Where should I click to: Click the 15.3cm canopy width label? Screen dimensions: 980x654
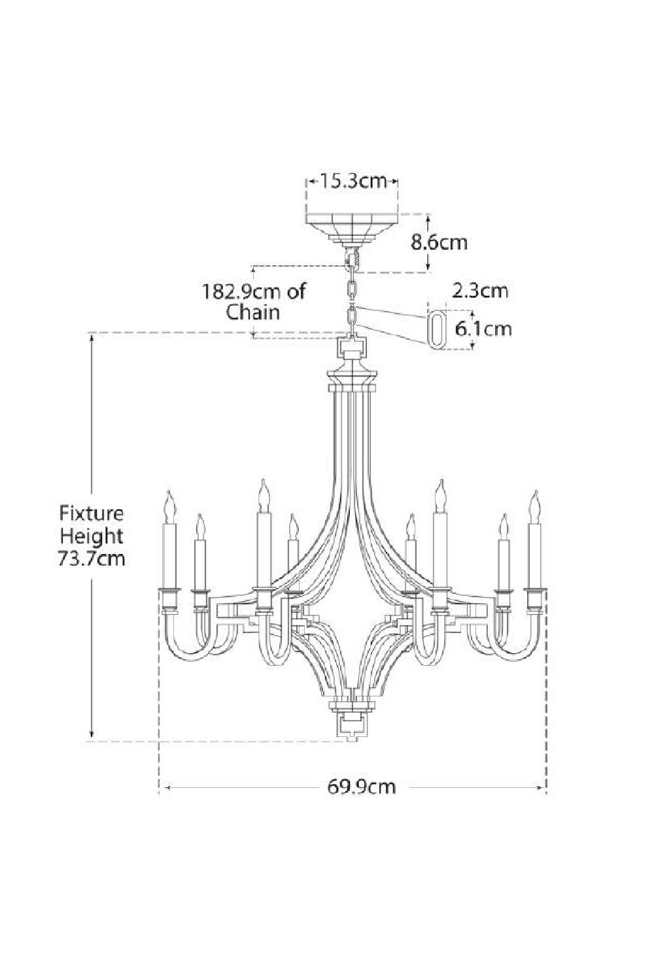pos(353,181)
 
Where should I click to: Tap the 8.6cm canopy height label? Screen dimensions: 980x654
pos(439,242)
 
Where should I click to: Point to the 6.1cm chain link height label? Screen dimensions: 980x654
pos(483,327)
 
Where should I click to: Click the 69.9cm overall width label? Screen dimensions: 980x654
pos(362,786)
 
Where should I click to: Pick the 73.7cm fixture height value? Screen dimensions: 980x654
pos(92,559)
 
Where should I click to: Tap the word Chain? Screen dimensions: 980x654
pos(253,312)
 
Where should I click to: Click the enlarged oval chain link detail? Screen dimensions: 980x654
pos(436,325)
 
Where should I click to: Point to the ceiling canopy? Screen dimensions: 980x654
pos(352,226)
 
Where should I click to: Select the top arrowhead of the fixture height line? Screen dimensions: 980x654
pos(92,338)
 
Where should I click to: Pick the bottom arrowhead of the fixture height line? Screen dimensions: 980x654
pos(92,736)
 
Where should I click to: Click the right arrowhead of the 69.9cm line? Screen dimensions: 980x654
pos(542,788)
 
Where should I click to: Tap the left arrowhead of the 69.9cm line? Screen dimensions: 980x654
pos(163,788)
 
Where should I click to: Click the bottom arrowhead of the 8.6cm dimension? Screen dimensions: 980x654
pos(428,267)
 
